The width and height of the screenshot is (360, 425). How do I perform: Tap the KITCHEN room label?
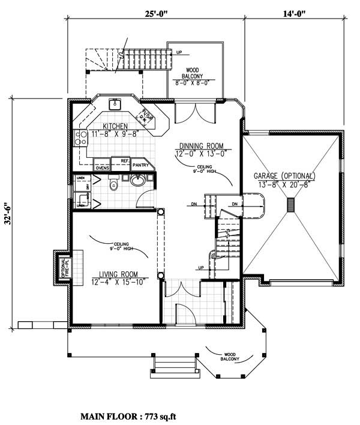pyautogui.click(x=115, y=127)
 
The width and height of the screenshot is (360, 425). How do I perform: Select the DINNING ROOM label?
pyautogui.click(x=202, y=146)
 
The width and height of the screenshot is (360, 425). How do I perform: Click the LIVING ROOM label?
pyautogui.click(x=119, y=274)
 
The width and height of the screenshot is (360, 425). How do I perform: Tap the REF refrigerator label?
pyautogui.click(x=125, y=161)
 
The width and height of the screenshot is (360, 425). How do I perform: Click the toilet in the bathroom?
pyautogui.click(x=113, y=185)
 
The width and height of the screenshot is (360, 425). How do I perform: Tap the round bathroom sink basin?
pyautogui.click(x=138, y=179)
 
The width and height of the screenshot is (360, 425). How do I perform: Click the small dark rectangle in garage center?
pyautogui.click(x=291, y=205)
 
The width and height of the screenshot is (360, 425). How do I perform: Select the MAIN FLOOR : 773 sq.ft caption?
pyautogui.click(x=128, y=415)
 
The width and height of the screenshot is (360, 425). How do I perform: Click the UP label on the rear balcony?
pyautogui.click(x=179, y=52)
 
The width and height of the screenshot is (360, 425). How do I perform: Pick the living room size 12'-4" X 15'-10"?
pyautogui.click(x=119, y=282)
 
